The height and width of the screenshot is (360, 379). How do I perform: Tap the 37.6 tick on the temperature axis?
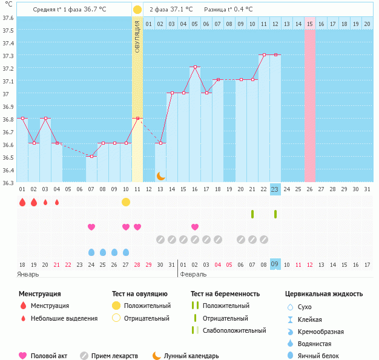tap(8, 18)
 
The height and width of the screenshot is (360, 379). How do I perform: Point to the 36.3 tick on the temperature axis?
tap(8, 183)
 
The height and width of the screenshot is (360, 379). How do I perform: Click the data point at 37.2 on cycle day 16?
tap(194, 67)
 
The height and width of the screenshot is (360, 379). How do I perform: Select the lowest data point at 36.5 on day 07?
tap(91, 156)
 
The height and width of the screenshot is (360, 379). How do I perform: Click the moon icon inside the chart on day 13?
tap(160, 175)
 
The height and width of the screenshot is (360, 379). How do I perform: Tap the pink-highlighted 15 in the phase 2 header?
tap(309, 24)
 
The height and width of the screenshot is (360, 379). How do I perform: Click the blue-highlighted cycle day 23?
tap(275, 189)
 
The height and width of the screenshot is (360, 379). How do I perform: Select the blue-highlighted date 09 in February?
tap(275, 264)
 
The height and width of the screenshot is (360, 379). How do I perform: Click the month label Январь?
tap(28, 274)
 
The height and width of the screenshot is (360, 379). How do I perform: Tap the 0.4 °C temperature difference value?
tap(245, 10)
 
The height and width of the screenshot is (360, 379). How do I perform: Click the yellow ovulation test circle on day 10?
tap(126, 201)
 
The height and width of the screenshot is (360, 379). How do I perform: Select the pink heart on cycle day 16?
tap(195, 227)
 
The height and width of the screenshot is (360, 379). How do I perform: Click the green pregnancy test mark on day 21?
tap(252, 214)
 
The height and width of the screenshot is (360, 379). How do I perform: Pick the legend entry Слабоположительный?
tap(234, 330)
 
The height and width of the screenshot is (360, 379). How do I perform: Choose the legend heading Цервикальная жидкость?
tap(324, 294)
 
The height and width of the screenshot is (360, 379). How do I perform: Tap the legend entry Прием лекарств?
tap(114, 356)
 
